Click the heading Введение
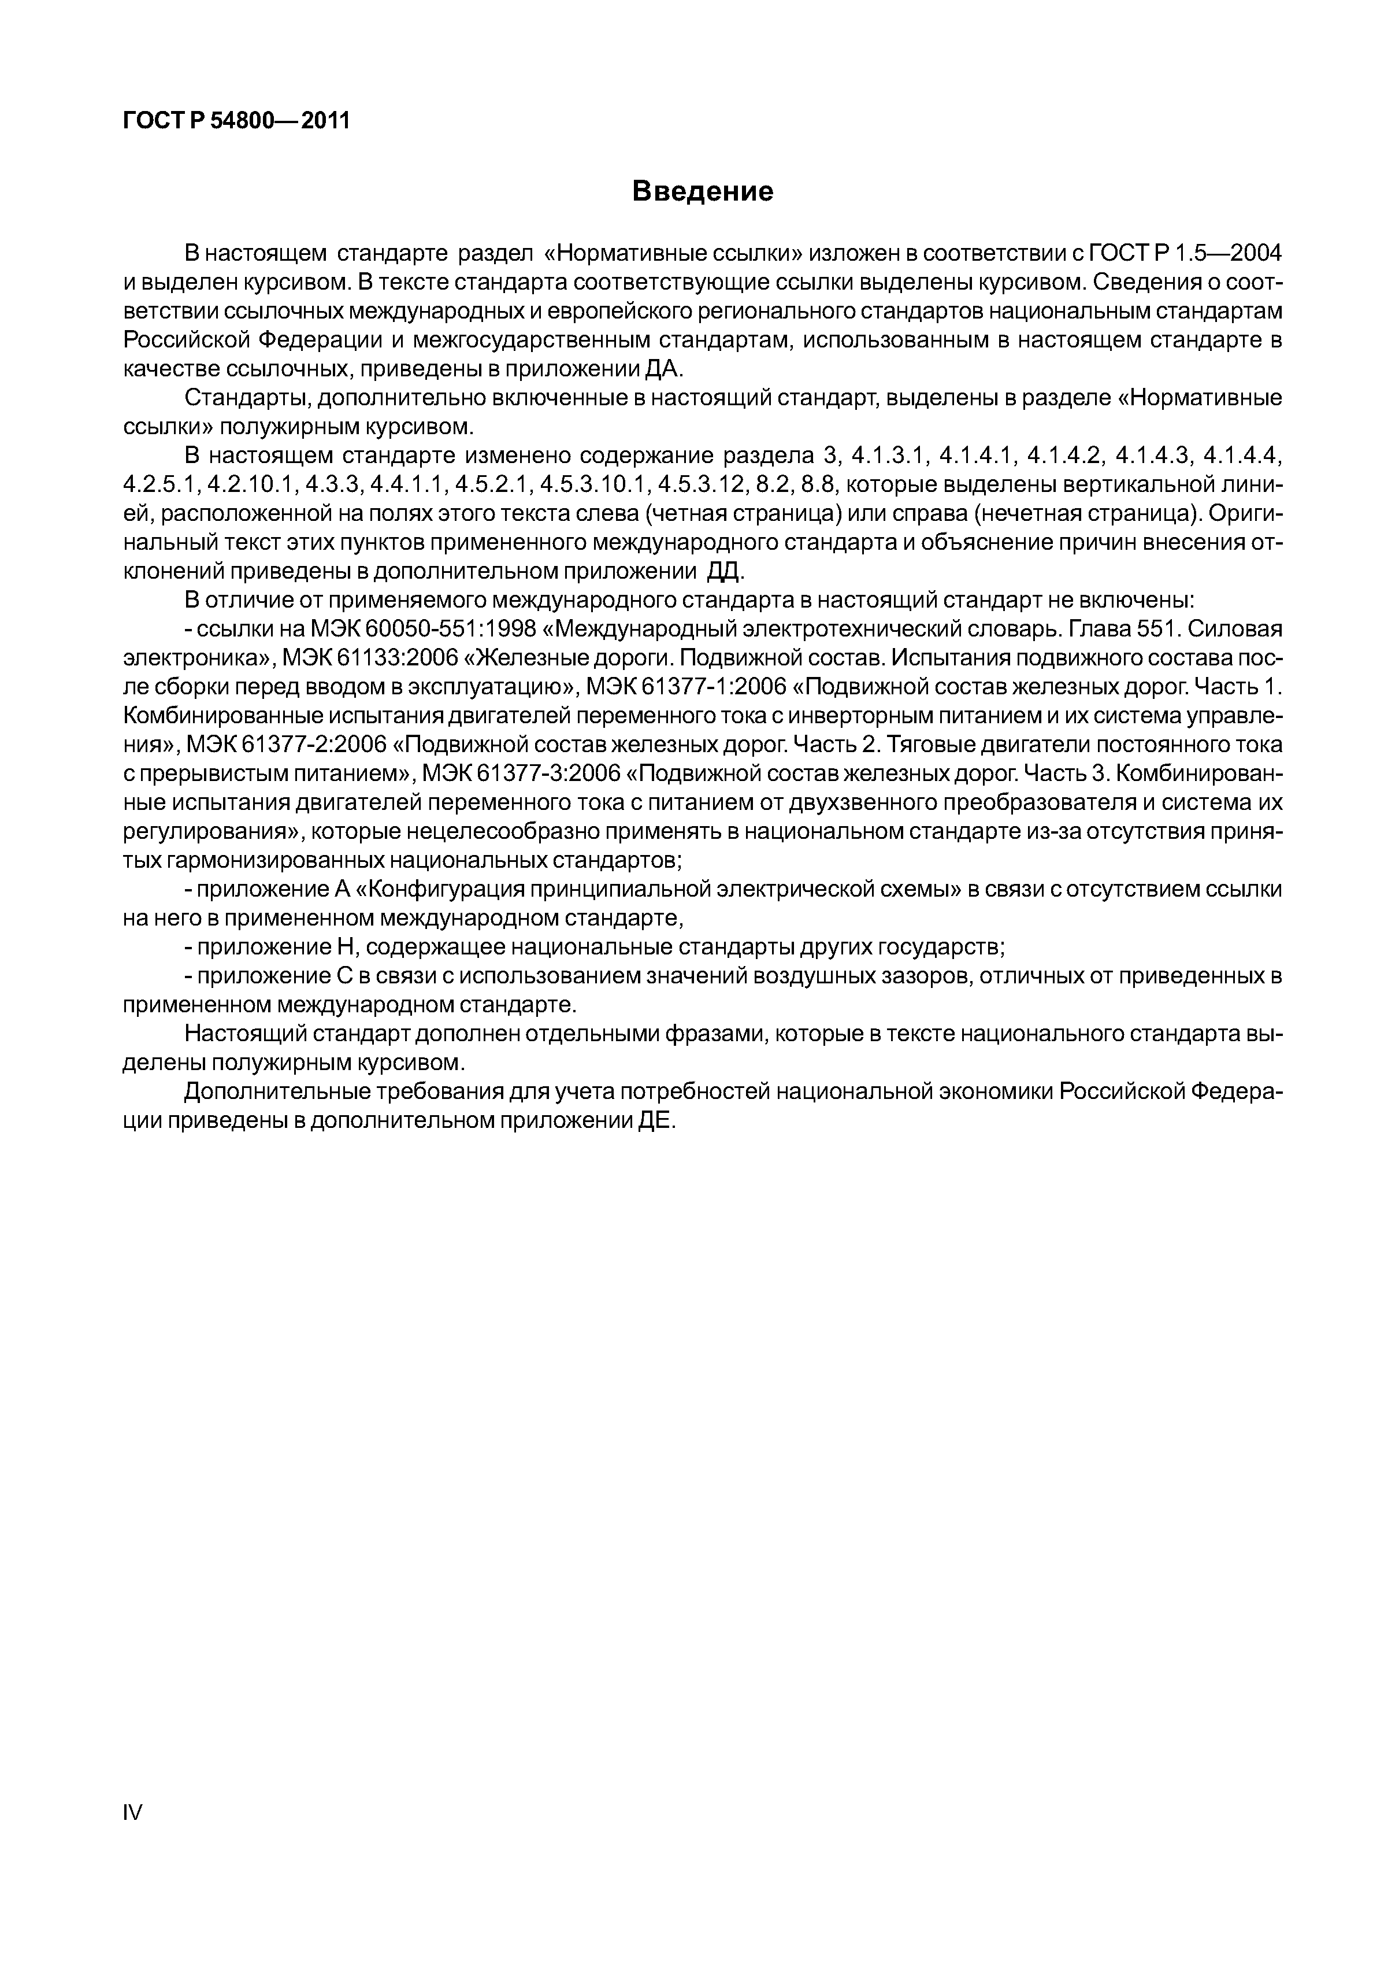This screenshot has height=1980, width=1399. click(x=703, y=191)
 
